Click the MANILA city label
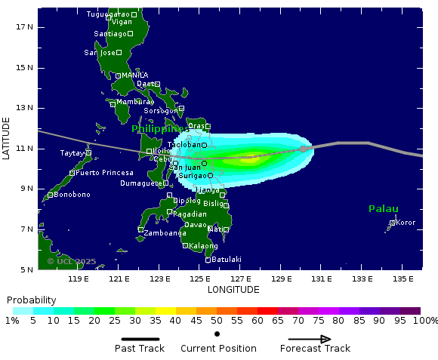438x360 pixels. pyautogui.click(x=135, y=75)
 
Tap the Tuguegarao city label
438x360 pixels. pyautogui.click(x=108, y=14)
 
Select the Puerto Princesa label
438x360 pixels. pyautogui.click(x=104, y=173)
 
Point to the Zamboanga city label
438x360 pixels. pyautogui.click(x=165, y=233)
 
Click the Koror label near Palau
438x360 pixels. pyautogui.click(x=406, y=223)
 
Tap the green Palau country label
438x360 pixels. pyautogui.click(x=384, y=209)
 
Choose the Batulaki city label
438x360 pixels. pyautogui.click(x=227, y=260)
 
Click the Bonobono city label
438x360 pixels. pyautogui.click(x=72, y=195)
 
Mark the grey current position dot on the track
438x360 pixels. pyautogui.click(x=304, y=149)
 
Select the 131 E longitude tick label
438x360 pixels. pyautogui.click(x=322, y=280)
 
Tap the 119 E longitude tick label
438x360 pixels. pyautogui.click(x=79, y=280)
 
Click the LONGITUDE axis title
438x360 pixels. pyautogui.click(x=233, y=290)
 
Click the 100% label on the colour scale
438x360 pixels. pyautogui.click(x=425, y=321)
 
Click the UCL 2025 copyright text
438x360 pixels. pyautogui.click(x=72, y=261)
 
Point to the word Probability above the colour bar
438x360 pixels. pyautogui.click(x=32, y=300)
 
